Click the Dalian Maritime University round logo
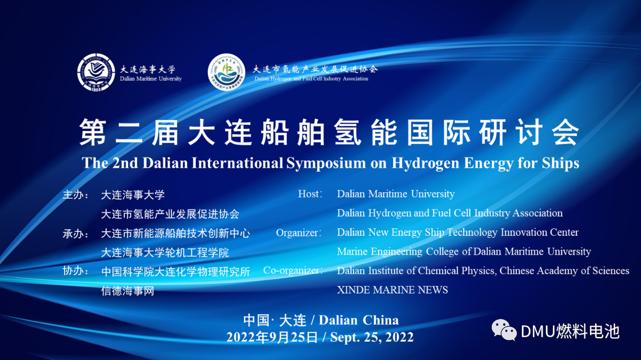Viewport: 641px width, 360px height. tap(96, 73)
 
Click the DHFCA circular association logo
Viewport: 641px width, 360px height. tap(227, 72)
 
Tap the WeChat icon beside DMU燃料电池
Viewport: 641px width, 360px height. tap(504, 330)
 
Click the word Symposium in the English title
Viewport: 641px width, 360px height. tap(326, 163)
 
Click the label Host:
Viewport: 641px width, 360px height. tap(310, 194)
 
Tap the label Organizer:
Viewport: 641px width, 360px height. tap(299, 233)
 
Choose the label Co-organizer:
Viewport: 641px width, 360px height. tap(293, 270)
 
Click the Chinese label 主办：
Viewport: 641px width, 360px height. tap(76, 195)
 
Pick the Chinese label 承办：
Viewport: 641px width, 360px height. tap(76, 234)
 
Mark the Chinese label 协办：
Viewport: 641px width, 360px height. tap(76, 271)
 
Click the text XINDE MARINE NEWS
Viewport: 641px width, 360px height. tap(392, 290)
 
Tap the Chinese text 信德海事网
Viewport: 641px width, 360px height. tap(128, 291)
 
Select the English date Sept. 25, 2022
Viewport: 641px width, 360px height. tap(372, 337)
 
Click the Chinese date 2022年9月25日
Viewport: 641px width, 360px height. tap(272, 337)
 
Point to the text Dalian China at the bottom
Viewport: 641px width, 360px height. tap(359, 320)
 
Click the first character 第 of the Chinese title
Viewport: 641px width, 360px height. tap(93, 132)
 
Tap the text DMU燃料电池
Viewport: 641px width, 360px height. tap(570, 331)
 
